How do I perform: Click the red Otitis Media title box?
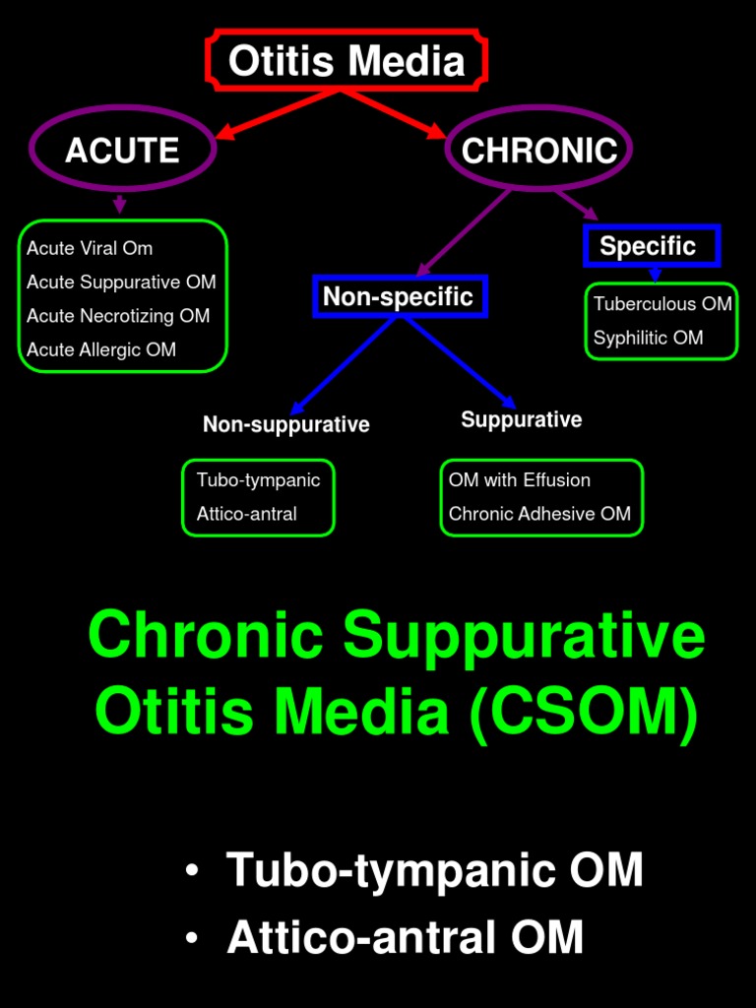346,61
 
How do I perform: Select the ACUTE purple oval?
123,150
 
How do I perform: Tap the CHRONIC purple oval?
538,150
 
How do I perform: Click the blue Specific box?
650,246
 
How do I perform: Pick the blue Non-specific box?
399,297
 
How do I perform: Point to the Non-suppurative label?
285,424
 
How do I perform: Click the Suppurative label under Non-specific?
521,420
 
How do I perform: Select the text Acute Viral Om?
90,248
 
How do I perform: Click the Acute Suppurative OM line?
121,283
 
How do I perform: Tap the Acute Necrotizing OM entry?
118,316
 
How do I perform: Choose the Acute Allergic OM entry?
101,349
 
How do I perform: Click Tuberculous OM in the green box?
662,304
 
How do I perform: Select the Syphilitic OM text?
648,338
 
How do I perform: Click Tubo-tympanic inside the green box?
258,480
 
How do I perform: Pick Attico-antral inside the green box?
246,514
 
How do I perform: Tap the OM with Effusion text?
520,480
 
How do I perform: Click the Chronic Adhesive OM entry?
539,514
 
